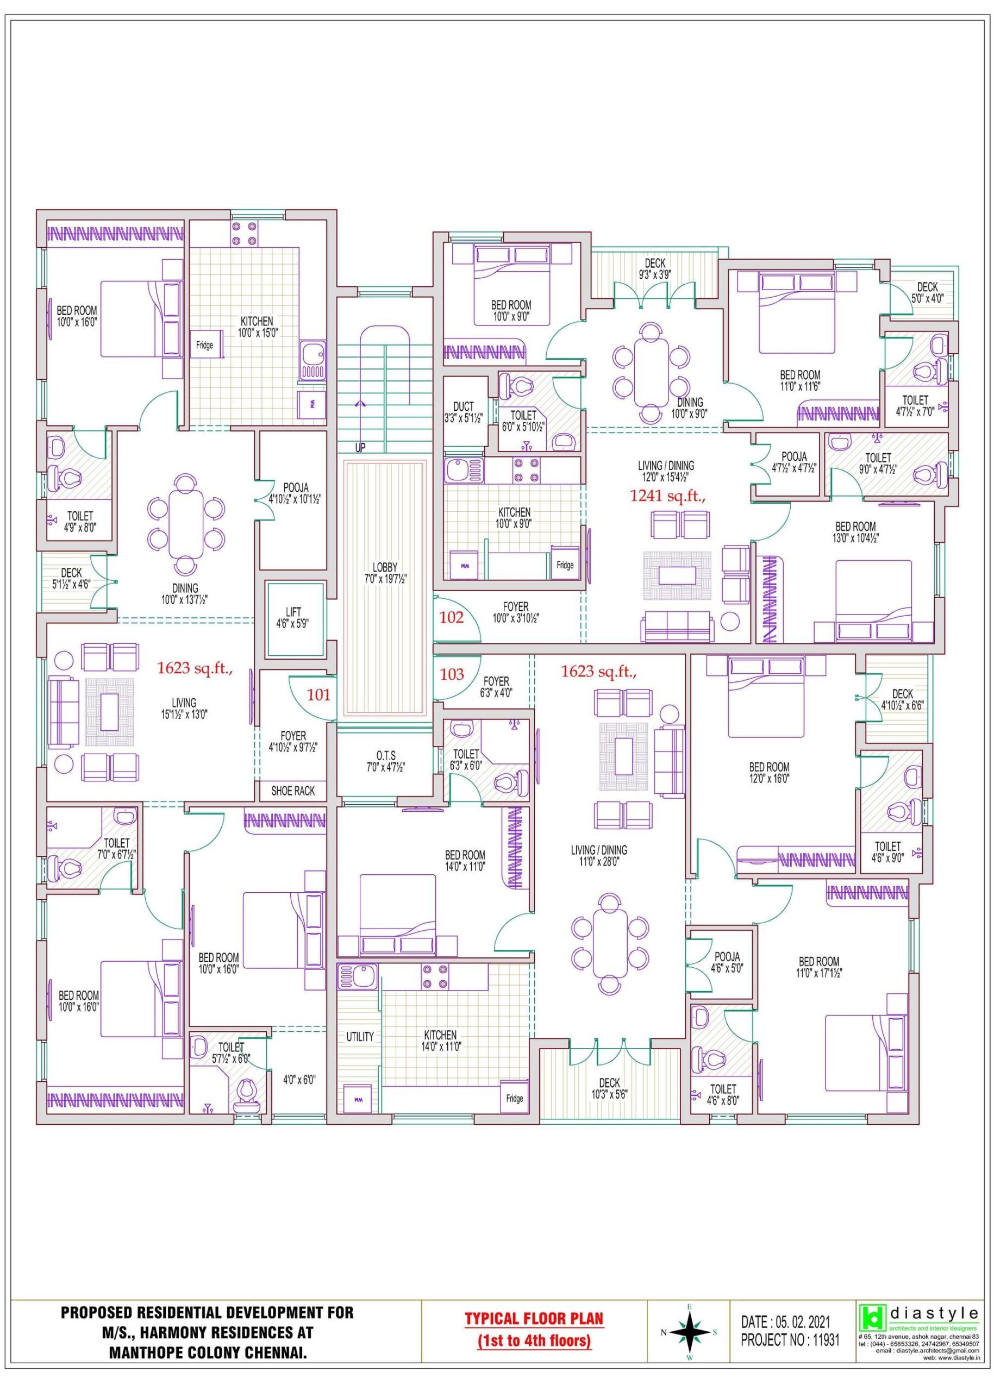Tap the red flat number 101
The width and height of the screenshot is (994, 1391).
tap(318, 694)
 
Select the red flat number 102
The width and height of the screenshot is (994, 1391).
tap(452, 617)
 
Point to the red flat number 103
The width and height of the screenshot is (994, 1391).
tap(452, 674)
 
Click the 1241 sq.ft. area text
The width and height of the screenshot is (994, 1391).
tap(668, 496)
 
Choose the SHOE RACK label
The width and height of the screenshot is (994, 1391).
tap(292, 791)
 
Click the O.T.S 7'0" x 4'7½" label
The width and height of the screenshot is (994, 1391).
tap(386, 761)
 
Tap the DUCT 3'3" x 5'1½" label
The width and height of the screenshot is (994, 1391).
tap(464, 412)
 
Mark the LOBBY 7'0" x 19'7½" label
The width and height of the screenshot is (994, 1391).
tap(385, 573)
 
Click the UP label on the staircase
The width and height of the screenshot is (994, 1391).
tap(360, 447)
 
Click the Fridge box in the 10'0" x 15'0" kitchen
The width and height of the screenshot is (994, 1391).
tap(205, 345)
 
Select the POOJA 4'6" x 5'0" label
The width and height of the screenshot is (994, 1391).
tap(727, 962)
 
